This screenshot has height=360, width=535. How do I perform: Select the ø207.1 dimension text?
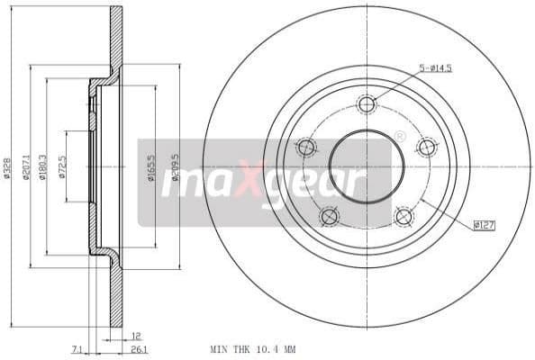point(27,166)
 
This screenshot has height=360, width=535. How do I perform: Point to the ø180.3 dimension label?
point(43,166)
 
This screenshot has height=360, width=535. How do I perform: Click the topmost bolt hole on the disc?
point(366,104)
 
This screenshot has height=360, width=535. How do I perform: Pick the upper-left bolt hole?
point(306,148)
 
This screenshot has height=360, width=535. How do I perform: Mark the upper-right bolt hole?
point(426,148)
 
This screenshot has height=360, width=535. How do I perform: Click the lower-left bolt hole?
point(329,217)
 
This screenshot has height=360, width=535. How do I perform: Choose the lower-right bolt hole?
point(404,217)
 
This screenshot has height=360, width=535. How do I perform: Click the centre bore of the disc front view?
point(366,166)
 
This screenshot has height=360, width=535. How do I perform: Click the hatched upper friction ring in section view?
point(116,36)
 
